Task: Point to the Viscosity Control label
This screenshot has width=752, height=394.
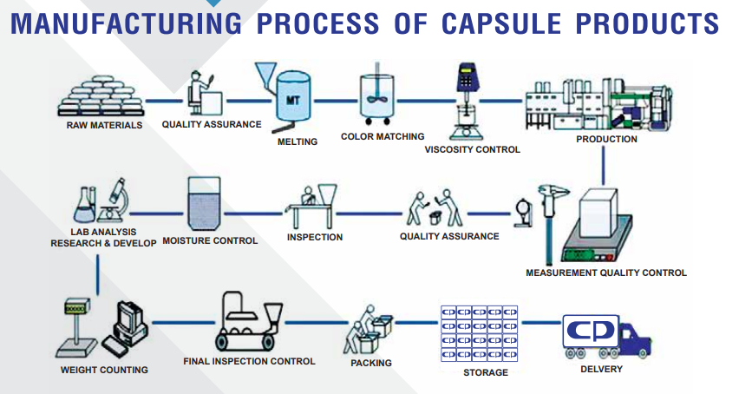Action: tap(473, 149)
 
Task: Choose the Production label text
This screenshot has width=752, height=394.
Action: tap(606, 139)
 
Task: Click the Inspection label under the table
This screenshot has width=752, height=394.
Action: tap(315, 237)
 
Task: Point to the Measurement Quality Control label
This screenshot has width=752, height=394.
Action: tap(605, 273)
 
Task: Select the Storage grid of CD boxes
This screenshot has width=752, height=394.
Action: tap(479, 333)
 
